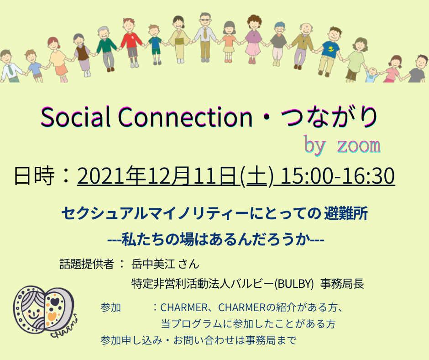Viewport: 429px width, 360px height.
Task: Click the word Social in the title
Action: tap(75, 117)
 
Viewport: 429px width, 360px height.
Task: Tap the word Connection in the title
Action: tap(185, 117)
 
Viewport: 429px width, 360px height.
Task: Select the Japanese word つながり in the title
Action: tap(330, 117)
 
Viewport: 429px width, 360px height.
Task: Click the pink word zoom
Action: tap(359, 145)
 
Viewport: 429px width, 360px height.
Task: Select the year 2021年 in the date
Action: tap(111, 175)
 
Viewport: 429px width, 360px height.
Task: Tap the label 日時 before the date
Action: tap(34, 175)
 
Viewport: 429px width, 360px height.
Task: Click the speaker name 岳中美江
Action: tap(153, 264)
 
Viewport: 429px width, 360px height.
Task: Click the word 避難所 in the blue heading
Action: tap(346, 214)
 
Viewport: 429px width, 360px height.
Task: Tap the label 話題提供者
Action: tap(87, 264)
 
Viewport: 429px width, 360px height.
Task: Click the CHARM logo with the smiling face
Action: tap(45, 311)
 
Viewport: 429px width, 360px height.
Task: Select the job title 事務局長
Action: tap(342, 284)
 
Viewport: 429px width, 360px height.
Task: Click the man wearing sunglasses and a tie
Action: tap(205, 37)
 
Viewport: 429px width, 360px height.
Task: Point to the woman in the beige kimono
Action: tap(179, 39)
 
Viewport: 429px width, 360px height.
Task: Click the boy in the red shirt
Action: tap(131, 42)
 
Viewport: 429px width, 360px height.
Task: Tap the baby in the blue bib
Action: tap(372, 75)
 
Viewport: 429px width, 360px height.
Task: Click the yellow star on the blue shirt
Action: tap(331, 49)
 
